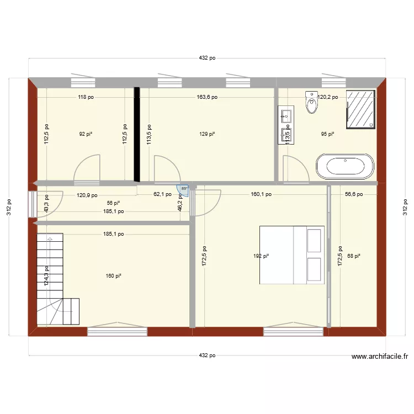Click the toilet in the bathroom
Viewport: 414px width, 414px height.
pyautogui.click(x=312, y=102)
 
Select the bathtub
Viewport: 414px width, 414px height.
pyautogui.click(x=345, y=167)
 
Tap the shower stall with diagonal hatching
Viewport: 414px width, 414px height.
pyautogui.click(x=361, y=109)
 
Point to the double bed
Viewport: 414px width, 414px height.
pyautogui.click(x=291, y=254)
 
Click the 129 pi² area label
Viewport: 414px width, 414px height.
pyautogui.click(x=207, y=134)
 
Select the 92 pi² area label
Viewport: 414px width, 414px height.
pyautogui.click(x=85, y=134)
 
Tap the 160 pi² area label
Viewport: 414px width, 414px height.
pyautogui.click(x=114, y=276)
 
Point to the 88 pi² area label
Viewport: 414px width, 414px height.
pyautogui.click(x=354, y=256)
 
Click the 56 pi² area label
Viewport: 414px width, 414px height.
pyautogui.click(x=113, y=203)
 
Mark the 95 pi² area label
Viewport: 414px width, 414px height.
pyautogui.click(x=328, y=134)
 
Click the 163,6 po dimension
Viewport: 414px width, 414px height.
pyautogui.click(x=207, y=97)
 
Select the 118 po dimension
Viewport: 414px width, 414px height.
pyautogui.click(x=86, y=97)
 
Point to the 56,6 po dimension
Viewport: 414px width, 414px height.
pyautogui.click(x=354, y=194)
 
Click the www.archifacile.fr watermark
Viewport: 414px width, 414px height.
pyautogui.click(x=380, y=357)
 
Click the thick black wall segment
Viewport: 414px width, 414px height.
pyautogui.click(x=136, y=134)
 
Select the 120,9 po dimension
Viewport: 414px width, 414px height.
pyautogui.click(x=87, y=195)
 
